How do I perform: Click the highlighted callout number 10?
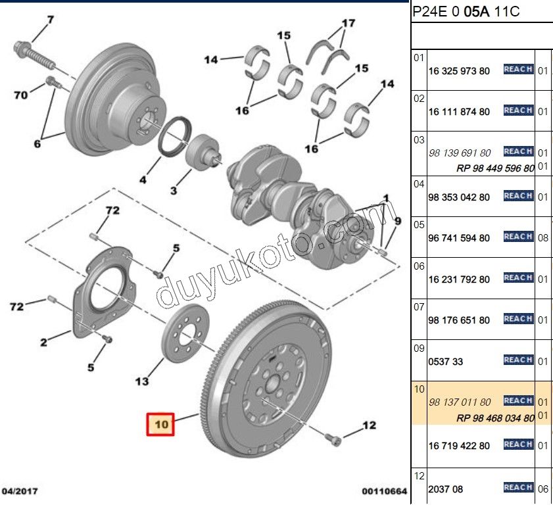[x=162, y=424]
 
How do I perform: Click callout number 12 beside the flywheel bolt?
[x=369, y=425]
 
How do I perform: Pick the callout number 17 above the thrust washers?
[x=348, y=24]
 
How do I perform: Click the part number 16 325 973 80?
[x=458, y=70]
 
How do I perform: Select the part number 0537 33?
[x=445, y=361]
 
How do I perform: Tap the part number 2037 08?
[x=445, y=489]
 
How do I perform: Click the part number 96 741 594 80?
[x=458, y=238]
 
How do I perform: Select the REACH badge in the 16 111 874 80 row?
[x=517, y=110]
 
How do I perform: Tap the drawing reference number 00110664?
[x=384, y=491]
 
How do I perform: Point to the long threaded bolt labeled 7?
[x=39, y=57]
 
